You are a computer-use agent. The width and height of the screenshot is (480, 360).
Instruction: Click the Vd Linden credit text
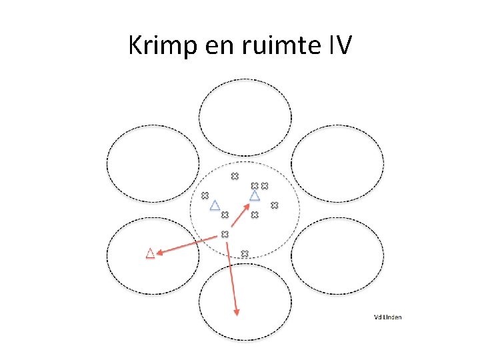(x=387, y=317)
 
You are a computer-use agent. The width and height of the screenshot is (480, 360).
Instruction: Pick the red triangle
(x=150, y=253)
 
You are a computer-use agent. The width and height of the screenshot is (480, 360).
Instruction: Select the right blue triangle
(x=254, y=196)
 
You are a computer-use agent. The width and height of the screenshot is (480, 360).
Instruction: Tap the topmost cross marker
(x=234, y=176)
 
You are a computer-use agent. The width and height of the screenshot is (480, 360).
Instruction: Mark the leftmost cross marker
(x=205, y=195)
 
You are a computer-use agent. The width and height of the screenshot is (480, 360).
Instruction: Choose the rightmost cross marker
(x=273, y=205)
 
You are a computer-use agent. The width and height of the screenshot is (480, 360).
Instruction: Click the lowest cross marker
(x=244, y=253)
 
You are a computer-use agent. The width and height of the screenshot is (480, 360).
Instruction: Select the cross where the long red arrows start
(x=225, y=234)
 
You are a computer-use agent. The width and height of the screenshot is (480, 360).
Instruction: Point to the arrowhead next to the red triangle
(x=160, y=251)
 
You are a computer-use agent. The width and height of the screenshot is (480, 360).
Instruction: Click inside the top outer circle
(x=245, y=117)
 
